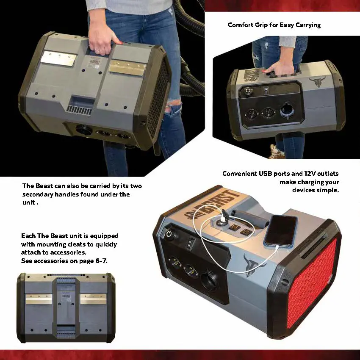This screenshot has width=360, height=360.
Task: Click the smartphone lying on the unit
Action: [x=280, y=230]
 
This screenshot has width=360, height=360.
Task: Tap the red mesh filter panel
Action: [x=312, y=283]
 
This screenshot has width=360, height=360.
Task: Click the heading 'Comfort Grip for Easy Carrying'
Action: [x=274, y=25]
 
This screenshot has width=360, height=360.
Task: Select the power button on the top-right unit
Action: [x=247, y=90]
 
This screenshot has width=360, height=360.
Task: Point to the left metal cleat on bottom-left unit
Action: [x=38, y=299]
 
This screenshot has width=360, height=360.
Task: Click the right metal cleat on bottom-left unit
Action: [x=93, y=299]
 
